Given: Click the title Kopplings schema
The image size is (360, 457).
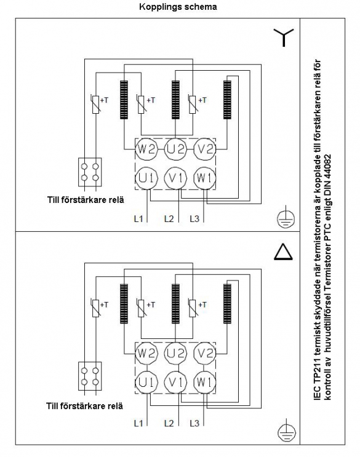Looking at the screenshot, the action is (178, 7).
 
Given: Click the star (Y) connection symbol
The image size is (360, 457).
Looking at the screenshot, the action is (284, 38).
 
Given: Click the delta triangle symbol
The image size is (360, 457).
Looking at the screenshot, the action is (283, 252).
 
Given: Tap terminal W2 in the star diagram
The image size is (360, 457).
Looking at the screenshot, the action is (146, 149).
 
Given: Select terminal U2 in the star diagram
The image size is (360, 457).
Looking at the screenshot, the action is (175, 149).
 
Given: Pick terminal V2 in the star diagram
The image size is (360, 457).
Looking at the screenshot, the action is (205, 149).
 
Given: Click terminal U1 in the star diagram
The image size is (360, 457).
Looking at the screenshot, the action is (146, 178).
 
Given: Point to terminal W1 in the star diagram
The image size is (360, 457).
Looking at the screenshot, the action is (205, 178).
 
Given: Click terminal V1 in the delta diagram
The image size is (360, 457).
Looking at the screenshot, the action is (175, 382).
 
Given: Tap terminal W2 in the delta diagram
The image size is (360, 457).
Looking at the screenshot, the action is (146, 353).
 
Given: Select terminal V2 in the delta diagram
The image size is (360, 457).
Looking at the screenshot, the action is (205, 353).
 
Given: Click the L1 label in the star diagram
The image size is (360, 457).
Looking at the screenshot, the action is (138, 218).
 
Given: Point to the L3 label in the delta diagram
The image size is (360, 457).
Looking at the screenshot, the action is (194, 423).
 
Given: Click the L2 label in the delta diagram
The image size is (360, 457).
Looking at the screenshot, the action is (169, 423).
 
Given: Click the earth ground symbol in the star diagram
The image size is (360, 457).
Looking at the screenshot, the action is (286, 217).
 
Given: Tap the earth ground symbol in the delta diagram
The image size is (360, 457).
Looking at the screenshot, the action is (286, 430).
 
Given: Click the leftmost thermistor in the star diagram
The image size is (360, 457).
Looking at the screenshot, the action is (96, 104).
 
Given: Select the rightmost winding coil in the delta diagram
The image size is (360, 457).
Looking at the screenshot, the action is (227, 304).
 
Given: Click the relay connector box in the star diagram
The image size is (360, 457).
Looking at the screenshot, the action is (90, 172).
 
